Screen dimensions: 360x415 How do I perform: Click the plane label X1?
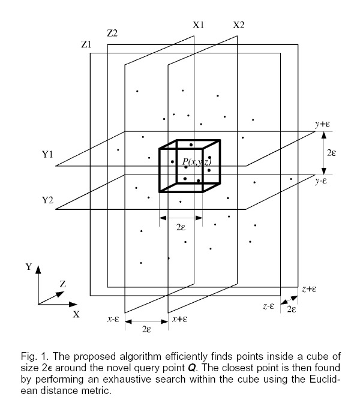click(x=198, y=25)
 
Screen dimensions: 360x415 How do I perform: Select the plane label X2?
click(x=239, y=25)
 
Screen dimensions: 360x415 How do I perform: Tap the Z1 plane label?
click(x=86, y=44)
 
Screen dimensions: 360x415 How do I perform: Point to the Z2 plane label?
click(x=112, y=34)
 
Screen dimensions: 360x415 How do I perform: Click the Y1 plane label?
click(x=47, y=154)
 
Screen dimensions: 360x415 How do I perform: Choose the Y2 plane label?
click(x=47, y=200)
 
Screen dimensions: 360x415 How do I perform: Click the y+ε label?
click(x=322, y=124)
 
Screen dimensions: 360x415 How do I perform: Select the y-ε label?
click(x=321, y=181)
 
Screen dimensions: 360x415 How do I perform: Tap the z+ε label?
click(x=309, y=288)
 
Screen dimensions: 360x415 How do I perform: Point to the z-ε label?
click(x=269, y=306)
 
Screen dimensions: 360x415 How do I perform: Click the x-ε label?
click(x=113, y=319)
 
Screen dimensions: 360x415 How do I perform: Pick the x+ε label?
click(x=180, y=319)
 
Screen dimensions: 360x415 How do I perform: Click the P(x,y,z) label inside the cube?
click(x=197, y=162)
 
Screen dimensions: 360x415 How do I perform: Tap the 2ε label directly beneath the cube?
click(x=181, y=227)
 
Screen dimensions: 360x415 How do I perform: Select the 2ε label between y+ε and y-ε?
click(x=331, y=153)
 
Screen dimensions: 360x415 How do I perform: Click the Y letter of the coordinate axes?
click(x=29, y=266)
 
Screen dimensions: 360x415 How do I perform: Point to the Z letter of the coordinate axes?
click(x=63, y=284)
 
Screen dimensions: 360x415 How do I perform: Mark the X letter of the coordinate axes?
click(x=76, y=314)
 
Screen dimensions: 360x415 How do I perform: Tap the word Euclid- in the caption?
click(x=325, y=379)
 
